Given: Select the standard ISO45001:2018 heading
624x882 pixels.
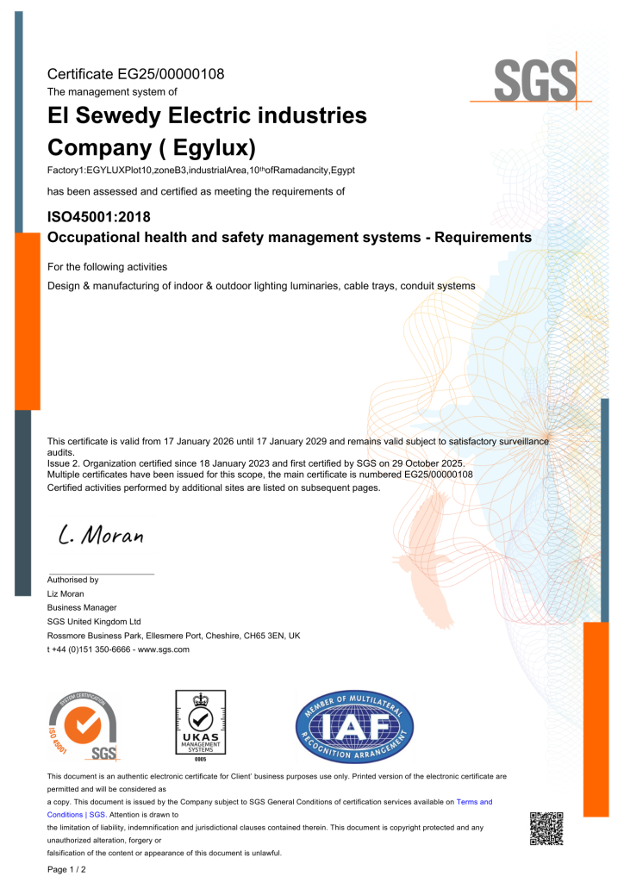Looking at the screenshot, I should coord(99,216).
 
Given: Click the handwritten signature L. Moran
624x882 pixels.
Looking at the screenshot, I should coord(100,535).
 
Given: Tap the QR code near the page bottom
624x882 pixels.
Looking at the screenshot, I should coord(546,828).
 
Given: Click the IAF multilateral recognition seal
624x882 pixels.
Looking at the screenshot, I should coord(354,725).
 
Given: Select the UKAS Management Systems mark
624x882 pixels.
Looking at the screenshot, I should coord(200,725).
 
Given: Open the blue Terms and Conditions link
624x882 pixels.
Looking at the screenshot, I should coord(473,802).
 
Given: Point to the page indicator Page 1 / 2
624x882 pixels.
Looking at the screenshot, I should coord(66,870).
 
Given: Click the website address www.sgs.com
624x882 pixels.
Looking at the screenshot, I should coord(163,649).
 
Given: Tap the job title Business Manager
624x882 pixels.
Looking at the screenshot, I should coord(82,607).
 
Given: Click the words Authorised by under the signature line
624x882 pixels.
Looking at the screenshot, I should coord(72,580).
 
